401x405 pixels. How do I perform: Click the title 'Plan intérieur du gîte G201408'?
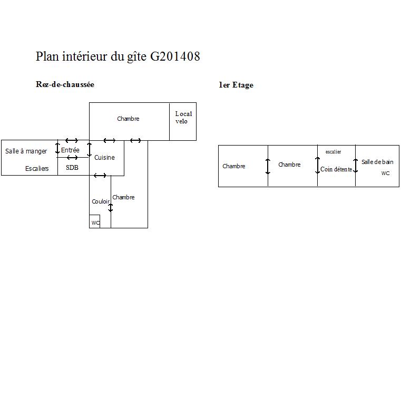[118, 56]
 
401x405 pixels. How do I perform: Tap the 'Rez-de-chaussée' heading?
[65, 84]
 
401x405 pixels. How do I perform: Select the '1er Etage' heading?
[236, 85]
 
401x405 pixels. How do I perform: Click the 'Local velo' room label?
[183, 118]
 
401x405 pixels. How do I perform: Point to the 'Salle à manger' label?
[26, 151]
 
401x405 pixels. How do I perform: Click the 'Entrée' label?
[71, 150]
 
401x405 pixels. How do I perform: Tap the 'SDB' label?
[72, 168]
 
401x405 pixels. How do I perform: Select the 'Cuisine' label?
[104, 157]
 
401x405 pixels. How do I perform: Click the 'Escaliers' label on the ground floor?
[37, 169]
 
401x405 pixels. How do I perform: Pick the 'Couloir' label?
[101, 201]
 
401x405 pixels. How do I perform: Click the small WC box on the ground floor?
[95, 222]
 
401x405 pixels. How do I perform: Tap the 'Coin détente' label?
[336, 169]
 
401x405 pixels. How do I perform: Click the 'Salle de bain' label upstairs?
[377, 162]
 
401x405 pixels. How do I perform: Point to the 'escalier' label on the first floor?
[333, 152]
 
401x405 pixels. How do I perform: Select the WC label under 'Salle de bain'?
[386, 173]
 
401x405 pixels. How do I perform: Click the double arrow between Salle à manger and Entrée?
[57, 148]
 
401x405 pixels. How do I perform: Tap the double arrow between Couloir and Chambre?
[111, 208]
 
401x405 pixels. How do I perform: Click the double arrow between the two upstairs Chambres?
[268, 167]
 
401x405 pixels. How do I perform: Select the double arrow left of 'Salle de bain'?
[356, 166]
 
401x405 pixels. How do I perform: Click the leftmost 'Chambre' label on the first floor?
[234, 166]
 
